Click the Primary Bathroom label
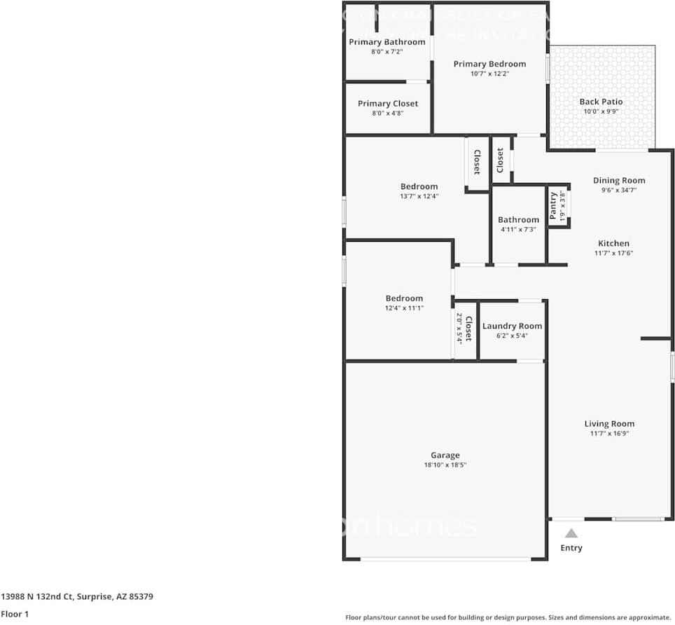click(x=387, y=42)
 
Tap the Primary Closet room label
click(x=387, y=104)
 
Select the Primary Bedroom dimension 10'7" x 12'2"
click(x=489, y=74)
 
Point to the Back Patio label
click(x=601, y=102)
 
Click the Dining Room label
click(x=619, y=180)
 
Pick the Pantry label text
click(x=553, y=206)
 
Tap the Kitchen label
click(x=613, y=243)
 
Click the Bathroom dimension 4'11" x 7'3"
click(x=518, y=229)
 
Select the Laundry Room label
click(x=512, y=326)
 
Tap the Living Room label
click(x=609, y=423)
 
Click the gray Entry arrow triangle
click(x=571, y=533)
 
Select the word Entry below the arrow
click(x=571, y=548)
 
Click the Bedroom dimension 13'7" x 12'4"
click(x=419, y=196)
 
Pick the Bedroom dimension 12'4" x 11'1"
click(x=404, y=308)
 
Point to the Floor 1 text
click(x=15, y=614)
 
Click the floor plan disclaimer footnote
click(x=508, y=617)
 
